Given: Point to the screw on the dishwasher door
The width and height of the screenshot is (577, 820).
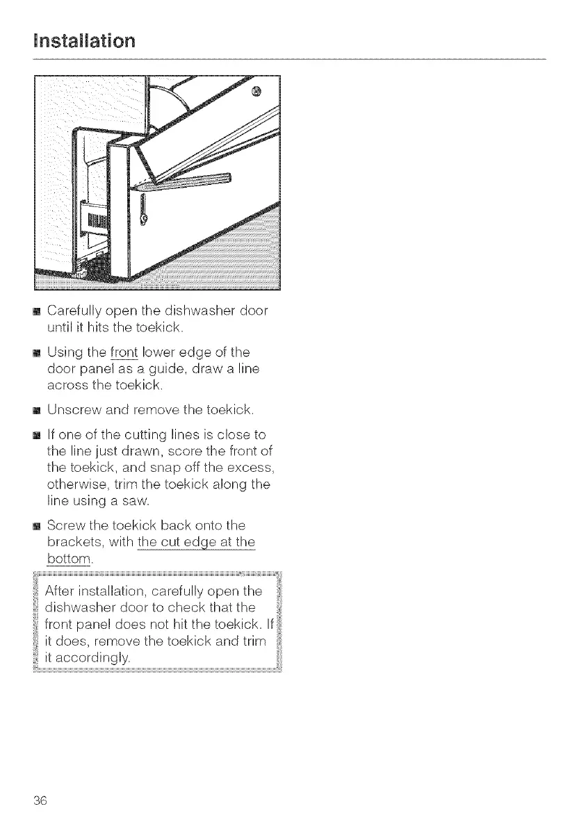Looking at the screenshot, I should point(256,91).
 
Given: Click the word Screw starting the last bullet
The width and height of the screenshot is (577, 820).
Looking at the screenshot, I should point(66,527).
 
